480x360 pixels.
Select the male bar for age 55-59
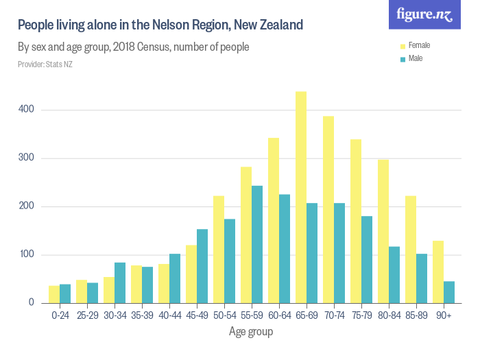(x=257, y=244)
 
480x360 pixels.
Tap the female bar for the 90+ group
(x=438, y=272)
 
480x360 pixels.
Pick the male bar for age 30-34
(x=120, y=283)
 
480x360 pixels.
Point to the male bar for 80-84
(x=394, y=274)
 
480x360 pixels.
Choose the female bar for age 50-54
(x=219, y=250)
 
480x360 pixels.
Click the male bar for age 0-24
(x=65, y=293)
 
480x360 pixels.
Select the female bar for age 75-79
(x=356, y=221)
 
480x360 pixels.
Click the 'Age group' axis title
(x=251, y=332)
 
